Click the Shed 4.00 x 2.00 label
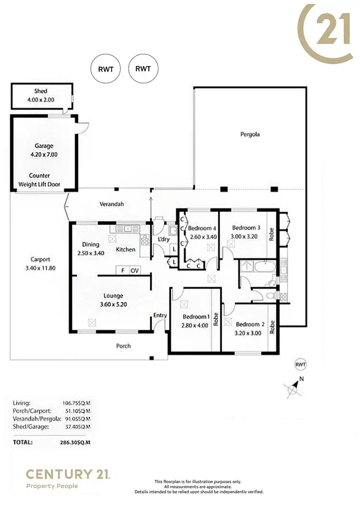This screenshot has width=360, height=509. pyautogui.click(x=41, y=95)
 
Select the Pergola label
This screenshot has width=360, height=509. pyautogui.click(x=250, y=134)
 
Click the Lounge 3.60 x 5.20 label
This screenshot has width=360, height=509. pyautogui.click(x=113, y=300)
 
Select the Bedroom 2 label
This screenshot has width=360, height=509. pyautogui.click(x=249, y=324)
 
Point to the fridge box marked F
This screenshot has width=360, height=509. pyautogui.click(x=123, y=271)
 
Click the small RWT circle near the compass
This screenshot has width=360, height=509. pyautogui.click(x=300, y=364)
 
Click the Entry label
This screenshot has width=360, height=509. pyautogui.click(x=160, y=315)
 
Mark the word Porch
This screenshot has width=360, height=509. pyautogui.click(x=123, y=346)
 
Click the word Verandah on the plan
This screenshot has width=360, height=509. pyautogui.click(x=111, y=204)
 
